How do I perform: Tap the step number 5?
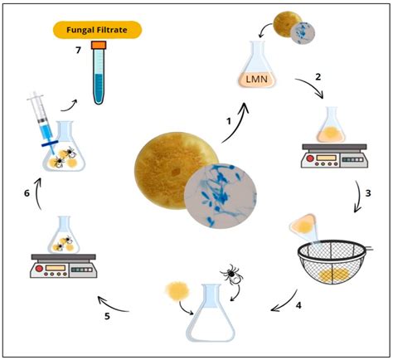coord(107,317)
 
